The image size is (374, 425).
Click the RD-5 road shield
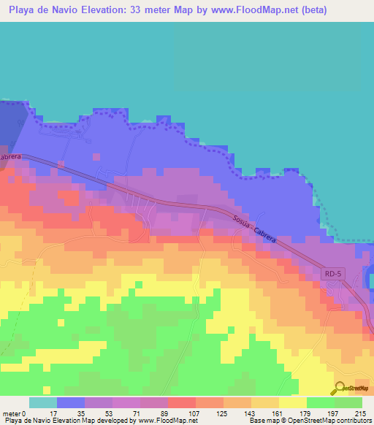click(x=332, y=273)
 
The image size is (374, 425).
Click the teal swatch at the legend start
click(x=43, y=402)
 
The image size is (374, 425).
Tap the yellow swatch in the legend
click(x=293, y=402)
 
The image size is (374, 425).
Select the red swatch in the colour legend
click(x=182, y=402)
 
